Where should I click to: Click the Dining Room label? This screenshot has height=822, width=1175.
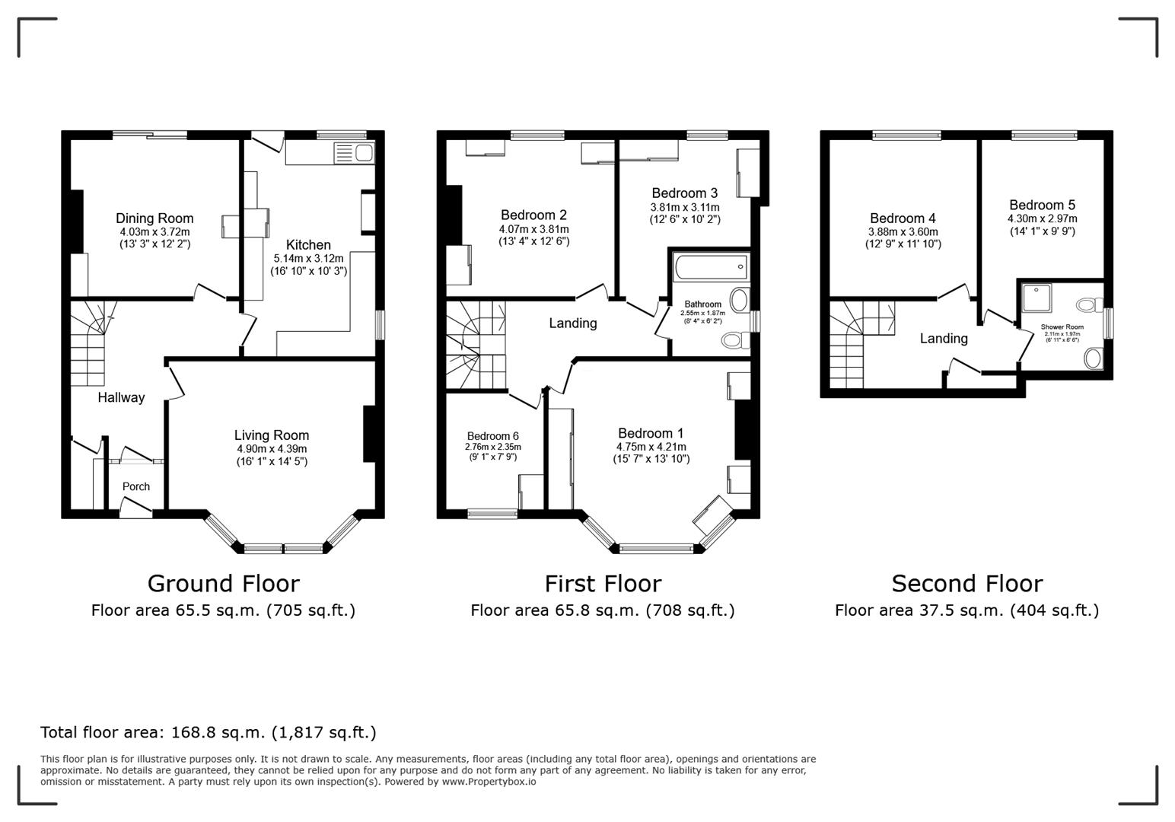pyautogui.click(x=154, y=218)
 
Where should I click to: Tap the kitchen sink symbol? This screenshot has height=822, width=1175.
pyautogui.click(x=355, y=153)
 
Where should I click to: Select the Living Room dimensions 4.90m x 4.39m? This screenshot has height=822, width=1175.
pyautogui.click(x=272, y=449)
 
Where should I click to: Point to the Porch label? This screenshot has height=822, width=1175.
pyautogui.click(x=136, y=486)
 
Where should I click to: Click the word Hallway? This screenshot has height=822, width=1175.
pyautogui.click(x=121, y=397)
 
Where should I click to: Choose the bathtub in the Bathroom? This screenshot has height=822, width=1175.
pyautogui.click(x=712, y=267)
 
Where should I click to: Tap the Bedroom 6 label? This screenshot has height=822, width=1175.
pyautogui.click(x=492, y=436)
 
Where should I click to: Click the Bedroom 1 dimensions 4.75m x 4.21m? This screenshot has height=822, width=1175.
pyautogui.click(x=651, y=447)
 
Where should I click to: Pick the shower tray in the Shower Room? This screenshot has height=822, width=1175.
pyautogui.click(x=1037, y=298)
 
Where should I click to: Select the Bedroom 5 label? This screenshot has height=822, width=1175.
pyautogui.click(x=1042, y=205)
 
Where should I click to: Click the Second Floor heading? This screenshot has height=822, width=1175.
pyautogui.click(x=966, y=584)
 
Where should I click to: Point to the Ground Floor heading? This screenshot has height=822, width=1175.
pyautogui.click(x=224, y=584)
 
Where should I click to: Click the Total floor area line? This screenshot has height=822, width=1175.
pyautogui.click(x=209, y=732)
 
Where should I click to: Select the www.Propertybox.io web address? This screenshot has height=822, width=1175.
pyautogui.click(x=489, y=782)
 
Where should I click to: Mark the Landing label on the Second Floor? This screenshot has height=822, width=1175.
pyautogui.click(x=943, y=339)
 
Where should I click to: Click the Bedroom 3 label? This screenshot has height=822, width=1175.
pyautogui.click(x=685, y=193)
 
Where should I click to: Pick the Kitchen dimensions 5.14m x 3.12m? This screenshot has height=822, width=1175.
pyautogui.click(x=308, y=259)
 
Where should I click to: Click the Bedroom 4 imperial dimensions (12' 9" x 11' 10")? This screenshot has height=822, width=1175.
pyautogui.click(x=903, y=244)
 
